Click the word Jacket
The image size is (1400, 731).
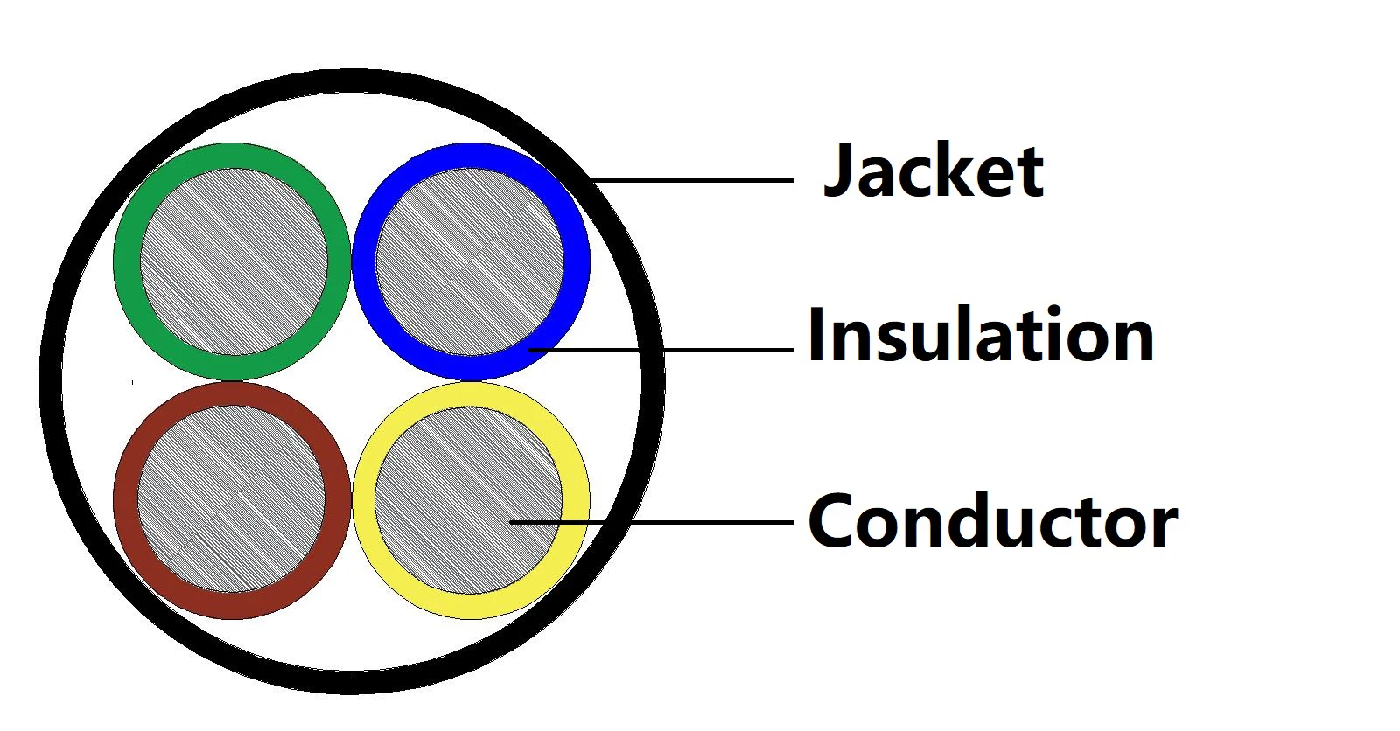pyautogui.click(x=933, y=171)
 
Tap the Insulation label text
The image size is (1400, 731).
pyautogui.click(x=980, y=336)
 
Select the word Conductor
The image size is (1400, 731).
pyautogui.click(x=992, y=521)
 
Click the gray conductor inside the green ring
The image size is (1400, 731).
pyautogui.click(x=233, y=262)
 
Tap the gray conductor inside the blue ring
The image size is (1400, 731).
pyautogui.click(x=469, y=262)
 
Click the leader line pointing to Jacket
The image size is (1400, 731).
pyautogui.click(x=691, y=181)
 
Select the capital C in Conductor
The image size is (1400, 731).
pyautogui.click(x=831, y=521)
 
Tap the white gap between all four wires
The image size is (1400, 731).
pyautogui.click(x=352, y=381)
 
